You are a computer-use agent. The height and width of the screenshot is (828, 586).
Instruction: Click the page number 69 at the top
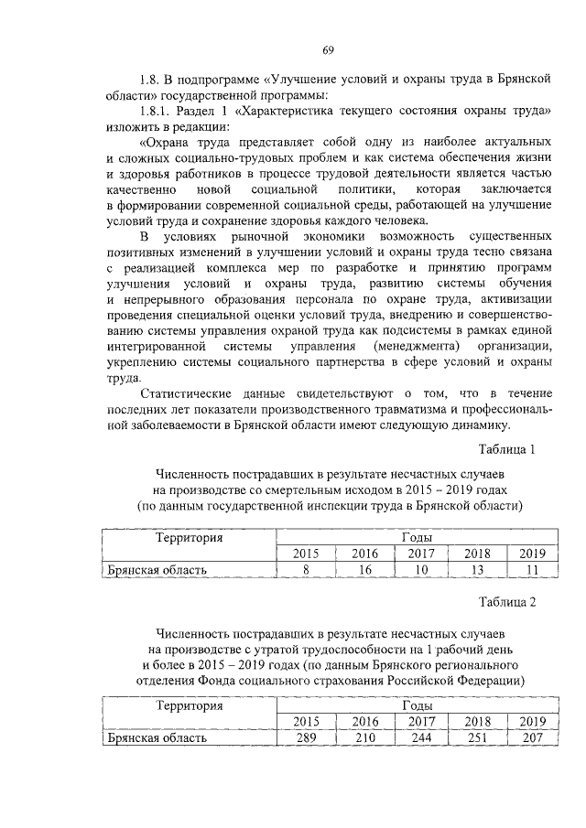[x=329, y=48]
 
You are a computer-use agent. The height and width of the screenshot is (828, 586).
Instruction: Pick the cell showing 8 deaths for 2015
[x=307, y=569]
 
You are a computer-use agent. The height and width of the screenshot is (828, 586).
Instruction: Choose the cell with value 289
[x=307, y=737]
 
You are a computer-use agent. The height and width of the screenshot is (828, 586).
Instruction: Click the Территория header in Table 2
[x=190, y=705]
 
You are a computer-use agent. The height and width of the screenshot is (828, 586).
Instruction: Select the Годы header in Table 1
[x=418, y=537]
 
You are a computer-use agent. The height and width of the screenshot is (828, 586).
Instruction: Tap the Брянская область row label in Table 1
[x=157, y=569]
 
